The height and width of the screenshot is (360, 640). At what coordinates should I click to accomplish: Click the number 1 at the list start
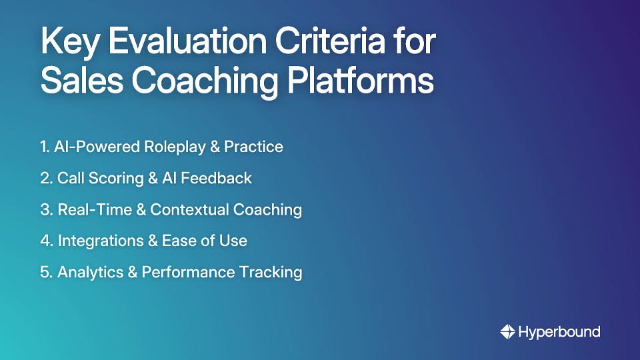43,147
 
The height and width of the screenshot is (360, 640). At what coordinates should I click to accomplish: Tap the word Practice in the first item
253,147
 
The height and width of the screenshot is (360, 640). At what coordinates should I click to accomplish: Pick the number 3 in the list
45,209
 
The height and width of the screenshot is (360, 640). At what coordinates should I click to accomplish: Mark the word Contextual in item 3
189,209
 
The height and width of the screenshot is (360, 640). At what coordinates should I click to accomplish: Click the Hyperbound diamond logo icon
508,331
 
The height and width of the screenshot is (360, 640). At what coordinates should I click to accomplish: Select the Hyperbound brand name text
559,331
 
